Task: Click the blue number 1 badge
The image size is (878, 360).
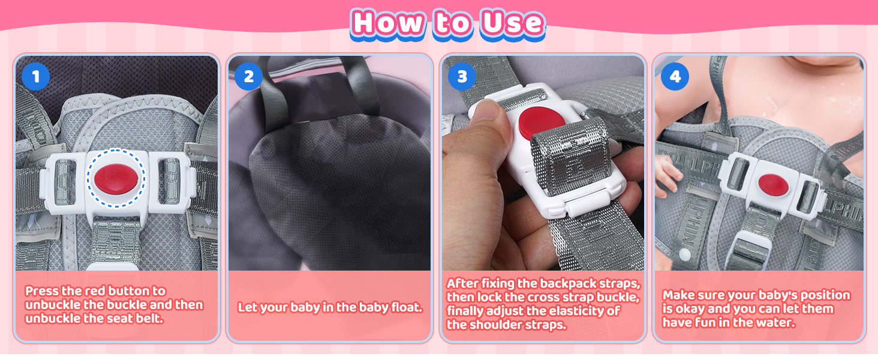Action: (x=35, y=76)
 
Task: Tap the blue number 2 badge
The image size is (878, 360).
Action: (x=248, y=76)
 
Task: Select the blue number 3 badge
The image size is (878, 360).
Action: (x=462, y=76)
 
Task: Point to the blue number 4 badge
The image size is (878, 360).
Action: (x=675, y=76)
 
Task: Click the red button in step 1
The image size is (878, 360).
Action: (x=116, y=179)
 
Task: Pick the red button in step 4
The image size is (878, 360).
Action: (x=773, y=185)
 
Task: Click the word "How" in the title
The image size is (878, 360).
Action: (x=388, y=23)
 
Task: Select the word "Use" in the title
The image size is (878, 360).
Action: (x=512, y=23)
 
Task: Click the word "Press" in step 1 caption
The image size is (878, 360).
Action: (x=43, y=291)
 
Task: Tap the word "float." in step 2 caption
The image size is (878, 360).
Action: (x=407, y=307)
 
